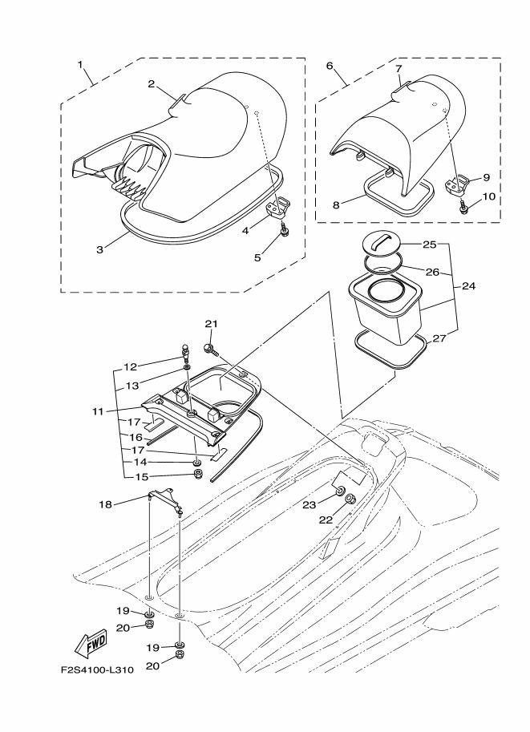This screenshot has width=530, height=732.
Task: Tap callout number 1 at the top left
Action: point(80,63)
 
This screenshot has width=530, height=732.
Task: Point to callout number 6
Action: point(330,66)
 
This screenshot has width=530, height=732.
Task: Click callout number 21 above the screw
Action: point(211,324)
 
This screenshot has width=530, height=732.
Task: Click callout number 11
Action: point(97,411)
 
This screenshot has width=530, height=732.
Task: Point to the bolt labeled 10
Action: point(466,208)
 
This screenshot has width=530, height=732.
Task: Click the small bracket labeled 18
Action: point(165,501)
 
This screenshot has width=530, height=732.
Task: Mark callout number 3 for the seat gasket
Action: point(99,249)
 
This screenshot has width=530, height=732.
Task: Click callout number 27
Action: point(439,339)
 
